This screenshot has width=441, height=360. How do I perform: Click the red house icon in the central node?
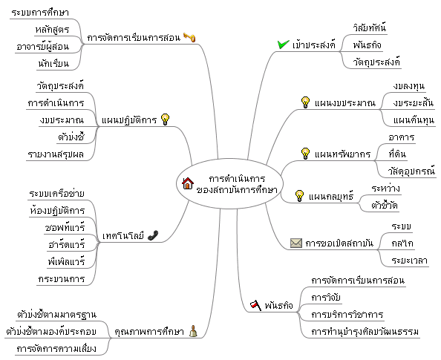188,183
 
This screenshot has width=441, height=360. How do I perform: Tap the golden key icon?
189,37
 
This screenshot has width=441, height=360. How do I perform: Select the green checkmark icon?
283,45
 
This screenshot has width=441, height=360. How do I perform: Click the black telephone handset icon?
153,235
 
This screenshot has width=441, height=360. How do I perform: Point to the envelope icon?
296,243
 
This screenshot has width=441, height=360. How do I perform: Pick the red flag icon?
255,305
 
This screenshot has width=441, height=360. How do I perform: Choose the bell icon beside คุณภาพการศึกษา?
193,331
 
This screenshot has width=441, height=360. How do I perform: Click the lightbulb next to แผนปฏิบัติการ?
165,120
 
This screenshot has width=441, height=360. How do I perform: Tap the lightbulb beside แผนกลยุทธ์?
299,196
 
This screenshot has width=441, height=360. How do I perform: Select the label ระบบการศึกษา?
40,13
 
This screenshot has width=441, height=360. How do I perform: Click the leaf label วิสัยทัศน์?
370,28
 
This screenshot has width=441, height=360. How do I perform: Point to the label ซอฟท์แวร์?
65,227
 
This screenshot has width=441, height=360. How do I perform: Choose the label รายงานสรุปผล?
56,154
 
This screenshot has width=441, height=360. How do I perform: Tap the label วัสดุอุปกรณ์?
412,171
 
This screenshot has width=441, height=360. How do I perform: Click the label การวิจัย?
326,298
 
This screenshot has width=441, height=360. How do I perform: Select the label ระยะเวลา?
410,261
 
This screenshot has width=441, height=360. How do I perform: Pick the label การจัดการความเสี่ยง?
56,349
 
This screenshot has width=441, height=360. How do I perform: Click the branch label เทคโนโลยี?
123,236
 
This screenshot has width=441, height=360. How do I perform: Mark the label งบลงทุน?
409,86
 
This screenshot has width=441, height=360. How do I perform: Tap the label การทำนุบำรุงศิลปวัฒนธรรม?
365,332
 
